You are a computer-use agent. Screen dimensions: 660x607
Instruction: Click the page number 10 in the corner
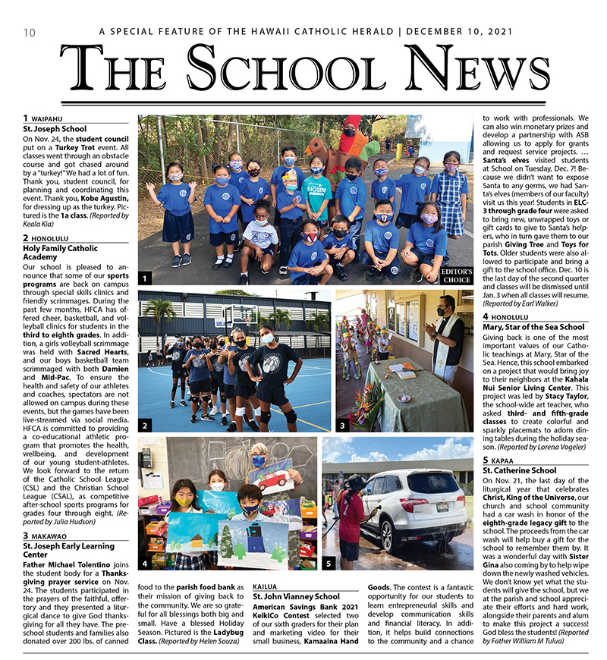coord(30,33)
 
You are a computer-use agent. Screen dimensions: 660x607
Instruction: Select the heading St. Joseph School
coord(55,129)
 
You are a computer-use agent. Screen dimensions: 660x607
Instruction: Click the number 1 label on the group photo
coord(144,278)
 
